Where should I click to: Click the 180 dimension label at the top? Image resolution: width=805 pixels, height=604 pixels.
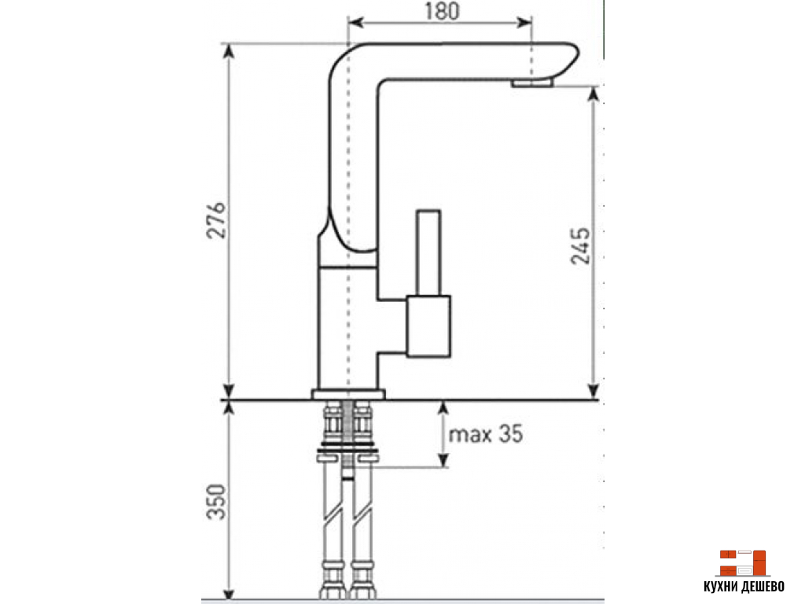click(442, 11)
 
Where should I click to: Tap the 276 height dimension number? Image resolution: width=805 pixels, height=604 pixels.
click(216, 220)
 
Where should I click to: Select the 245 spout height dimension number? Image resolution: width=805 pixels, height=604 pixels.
click(581, 246)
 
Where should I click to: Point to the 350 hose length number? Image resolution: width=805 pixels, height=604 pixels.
click(216, 501)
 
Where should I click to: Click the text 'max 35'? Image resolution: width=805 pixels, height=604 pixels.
click(486, 434)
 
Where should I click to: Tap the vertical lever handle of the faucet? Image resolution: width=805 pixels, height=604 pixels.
click(428, 252)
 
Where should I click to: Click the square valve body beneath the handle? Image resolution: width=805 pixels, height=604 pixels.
click(428, 326)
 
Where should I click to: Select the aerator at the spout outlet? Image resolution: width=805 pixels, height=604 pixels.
click(532, 82)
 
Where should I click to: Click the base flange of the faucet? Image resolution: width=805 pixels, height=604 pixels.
click(348, 394)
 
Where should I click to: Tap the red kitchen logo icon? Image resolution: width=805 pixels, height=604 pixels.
click(742, 563)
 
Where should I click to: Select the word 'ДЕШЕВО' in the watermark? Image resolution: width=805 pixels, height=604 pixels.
click(762, 587)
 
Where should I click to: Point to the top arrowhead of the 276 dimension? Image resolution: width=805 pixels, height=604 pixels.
click(230, 51)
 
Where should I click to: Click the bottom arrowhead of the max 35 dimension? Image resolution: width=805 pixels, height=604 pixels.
click(443, 459)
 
